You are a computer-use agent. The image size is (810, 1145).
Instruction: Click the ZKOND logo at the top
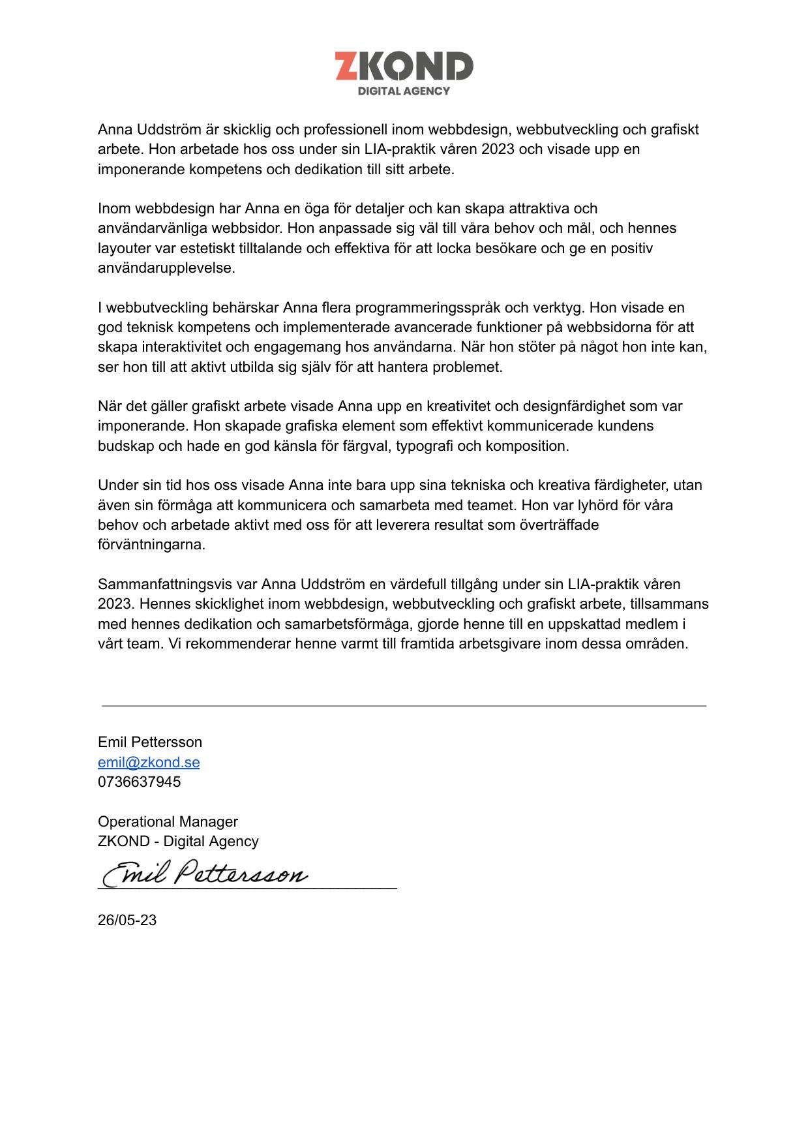click(x=404, y=72)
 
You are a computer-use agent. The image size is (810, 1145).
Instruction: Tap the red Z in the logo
click(x=346, y=67)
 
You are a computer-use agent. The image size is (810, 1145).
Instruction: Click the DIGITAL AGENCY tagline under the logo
click(x=404, y=91)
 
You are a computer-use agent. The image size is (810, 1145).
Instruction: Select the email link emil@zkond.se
click(x=149, y=762)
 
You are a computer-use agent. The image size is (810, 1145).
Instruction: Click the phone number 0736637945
click(x=139, y=782)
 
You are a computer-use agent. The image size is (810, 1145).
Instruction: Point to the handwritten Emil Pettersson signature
click(x=205, y=873)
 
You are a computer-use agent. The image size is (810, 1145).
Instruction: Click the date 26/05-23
click(x=127, y=920)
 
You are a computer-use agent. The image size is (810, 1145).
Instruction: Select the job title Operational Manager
click(x=168, y=821)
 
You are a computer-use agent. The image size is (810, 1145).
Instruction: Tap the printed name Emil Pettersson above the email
click(x=150, y=742)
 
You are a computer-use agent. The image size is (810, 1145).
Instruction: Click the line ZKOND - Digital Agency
click(x=178, y=841)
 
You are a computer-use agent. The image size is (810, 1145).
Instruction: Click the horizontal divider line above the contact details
click(x=404, y=706)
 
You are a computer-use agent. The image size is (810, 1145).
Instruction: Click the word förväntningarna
click(x=151, y=545)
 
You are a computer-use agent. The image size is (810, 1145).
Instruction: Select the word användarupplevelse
click(x=166, y=267)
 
